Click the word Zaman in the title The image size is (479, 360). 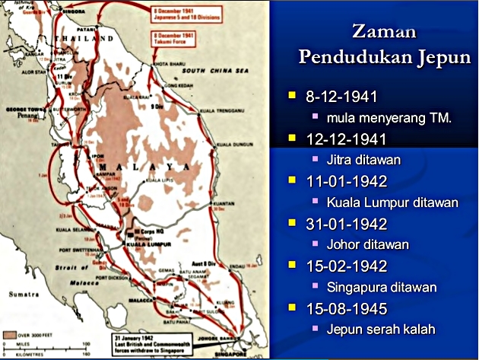coord(383,32)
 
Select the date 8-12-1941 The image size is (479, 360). coord(341,97)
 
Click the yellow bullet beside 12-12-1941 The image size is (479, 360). coord(291,139)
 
